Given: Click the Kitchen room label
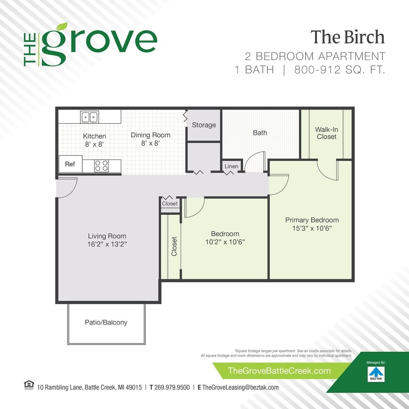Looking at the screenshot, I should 94,136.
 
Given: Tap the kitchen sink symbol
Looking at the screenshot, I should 89,117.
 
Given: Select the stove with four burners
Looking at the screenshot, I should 101,165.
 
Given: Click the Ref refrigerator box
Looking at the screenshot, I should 70,164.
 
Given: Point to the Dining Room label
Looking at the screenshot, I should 151,135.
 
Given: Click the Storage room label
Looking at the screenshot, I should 204,125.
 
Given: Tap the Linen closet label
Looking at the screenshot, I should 232,167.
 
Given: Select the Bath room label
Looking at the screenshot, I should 260,133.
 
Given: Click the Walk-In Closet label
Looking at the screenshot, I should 327,133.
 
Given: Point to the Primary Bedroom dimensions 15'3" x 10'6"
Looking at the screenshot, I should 312,228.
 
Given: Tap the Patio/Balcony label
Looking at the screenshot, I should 106,322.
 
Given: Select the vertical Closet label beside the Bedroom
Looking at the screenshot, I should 174,246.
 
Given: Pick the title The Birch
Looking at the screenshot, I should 347,37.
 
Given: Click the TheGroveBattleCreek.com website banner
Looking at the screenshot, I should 279,371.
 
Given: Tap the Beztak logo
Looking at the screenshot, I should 375,373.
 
